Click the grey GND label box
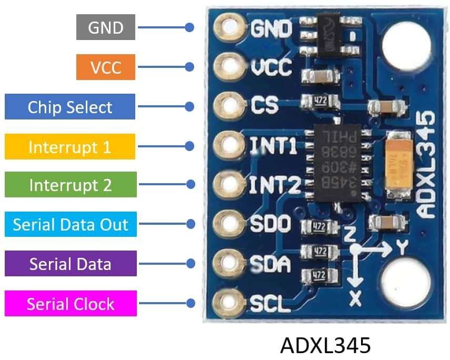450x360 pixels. click(105, 27)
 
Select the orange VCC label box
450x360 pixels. click(105, 67)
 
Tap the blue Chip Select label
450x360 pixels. click(70, 107)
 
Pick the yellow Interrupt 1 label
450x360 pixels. click(70, 146)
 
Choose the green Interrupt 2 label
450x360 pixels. click(70, 185)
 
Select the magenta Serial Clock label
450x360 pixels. click(71, 304)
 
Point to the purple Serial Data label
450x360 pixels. click(71, 263)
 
